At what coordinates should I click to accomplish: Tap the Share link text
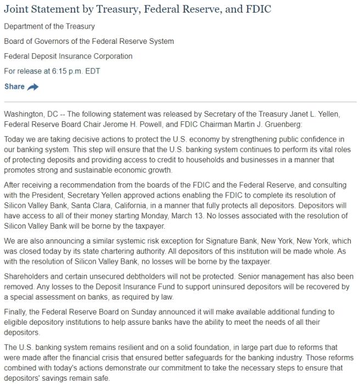click(14, 87)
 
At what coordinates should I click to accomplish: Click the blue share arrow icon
click(33, 87)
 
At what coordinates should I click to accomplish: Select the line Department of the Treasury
click(49, 26)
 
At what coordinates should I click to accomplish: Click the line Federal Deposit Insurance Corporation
click(68, 57)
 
